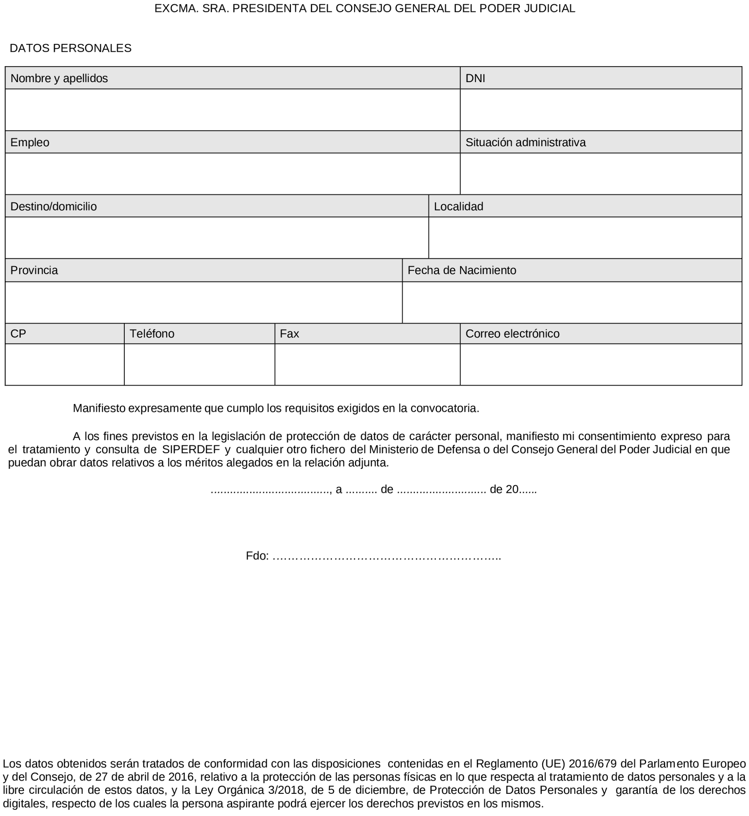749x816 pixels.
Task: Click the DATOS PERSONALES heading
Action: (x=70, y=48)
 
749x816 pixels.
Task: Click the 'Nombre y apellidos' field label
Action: (x=59, y=78)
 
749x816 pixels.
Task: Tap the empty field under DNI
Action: (x=601, y=110)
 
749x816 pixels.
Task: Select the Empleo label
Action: (x=30, y=142)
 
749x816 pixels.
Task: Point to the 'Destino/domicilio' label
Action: (x=54, y=206)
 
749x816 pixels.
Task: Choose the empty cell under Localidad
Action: (x=585, y=237)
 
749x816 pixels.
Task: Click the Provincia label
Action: (x=34, y=270)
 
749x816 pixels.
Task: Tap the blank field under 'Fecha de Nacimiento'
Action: (x=571, y=302)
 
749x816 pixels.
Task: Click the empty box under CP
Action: (x=64, y=364)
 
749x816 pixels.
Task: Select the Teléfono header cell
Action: (x=152, y=334)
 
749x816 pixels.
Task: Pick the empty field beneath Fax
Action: (x=367, y=364)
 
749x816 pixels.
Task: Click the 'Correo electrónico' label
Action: (x=512, y=334)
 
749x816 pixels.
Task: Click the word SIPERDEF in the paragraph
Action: (x=191, y=450)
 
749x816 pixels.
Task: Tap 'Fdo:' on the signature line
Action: (x=257, y=556)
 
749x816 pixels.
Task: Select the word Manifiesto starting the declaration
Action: (x=99, y=408)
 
